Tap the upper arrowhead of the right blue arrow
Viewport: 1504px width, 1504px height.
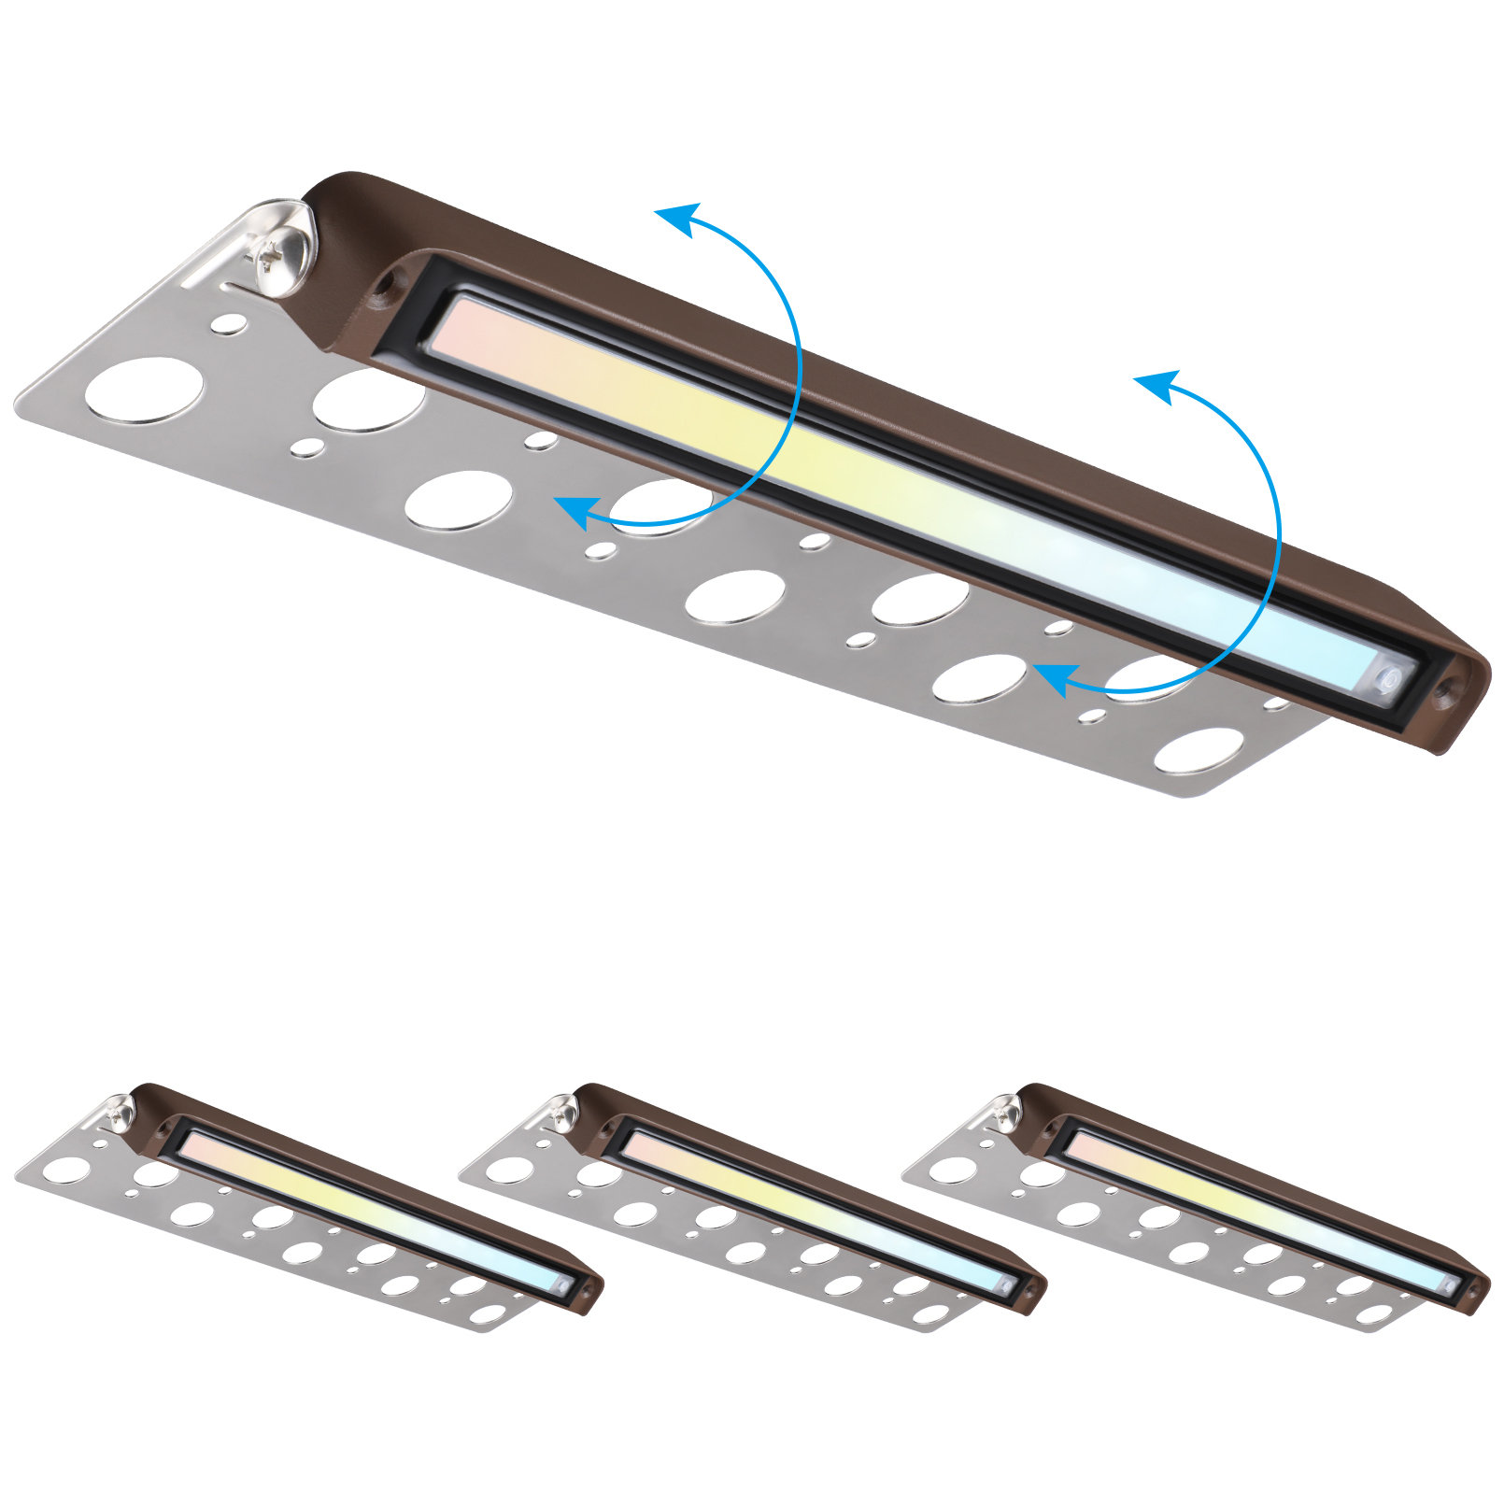pyautogui.click(x=1156, y=385)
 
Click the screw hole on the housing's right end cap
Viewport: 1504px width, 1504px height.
pyautogui.click(x=1447, y=691)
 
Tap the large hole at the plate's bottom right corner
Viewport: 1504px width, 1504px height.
pyautogui.click(x=1199, y=750)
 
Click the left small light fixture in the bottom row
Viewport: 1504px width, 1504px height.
pyautogui.click(x=308, y=1205)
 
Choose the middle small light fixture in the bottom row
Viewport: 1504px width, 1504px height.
pyautogui.click(x=752, y=1205)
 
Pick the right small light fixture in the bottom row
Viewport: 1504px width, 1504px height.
pyautogui.click(x=1196, y=1205)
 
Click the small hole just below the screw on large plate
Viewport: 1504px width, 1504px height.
pyautogui.click(x=229, y=324)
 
